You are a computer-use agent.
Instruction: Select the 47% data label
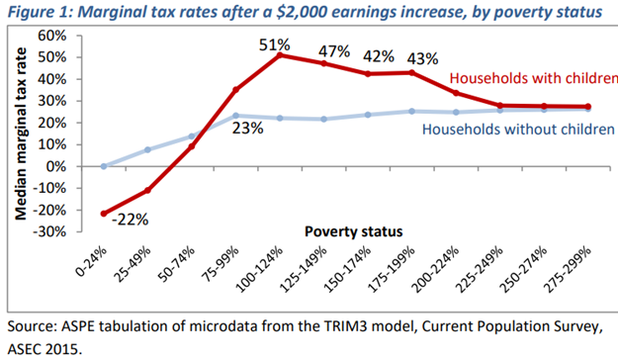pos(333,51)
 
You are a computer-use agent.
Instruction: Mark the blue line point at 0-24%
pos(103,166)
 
